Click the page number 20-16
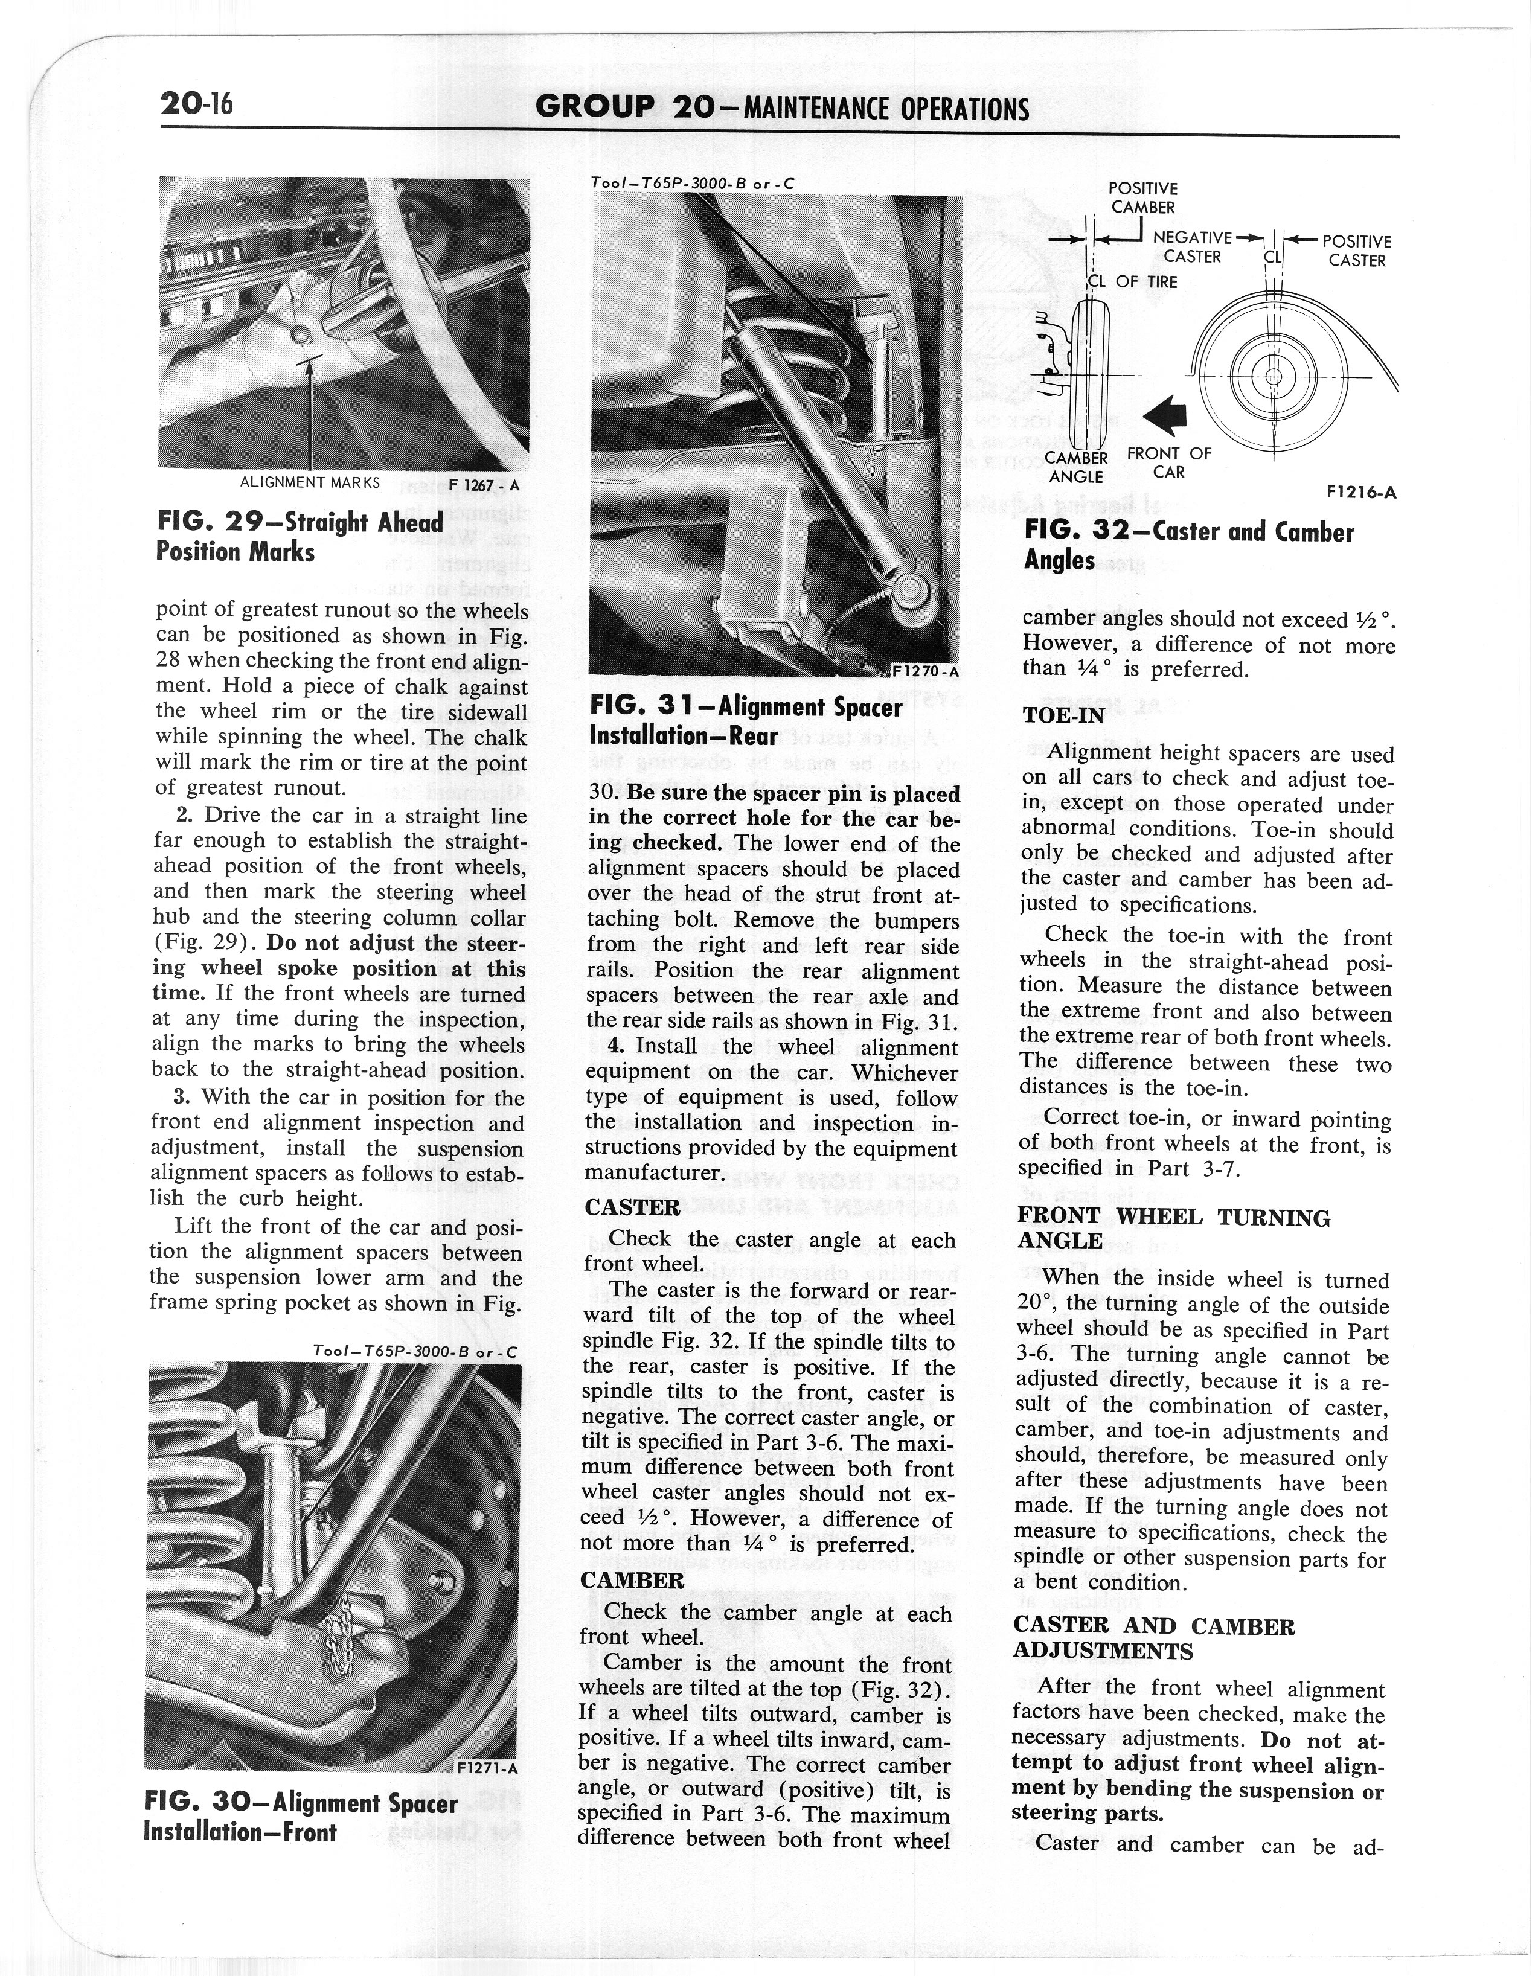[196, 105]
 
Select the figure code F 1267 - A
[484, 485]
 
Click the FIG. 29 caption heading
[300, 537]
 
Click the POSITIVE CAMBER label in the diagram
[1142, 197]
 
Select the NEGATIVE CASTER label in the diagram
[1193, 247]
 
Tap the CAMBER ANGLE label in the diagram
[1077, 467]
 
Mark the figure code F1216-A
[1360, 493]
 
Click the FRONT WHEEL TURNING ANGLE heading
[1173, 1229]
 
